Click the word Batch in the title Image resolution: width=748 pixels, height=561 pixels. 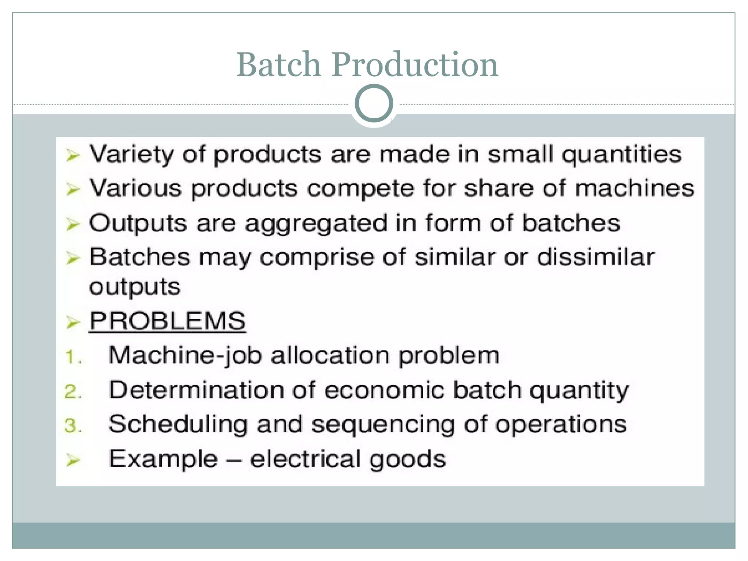279,65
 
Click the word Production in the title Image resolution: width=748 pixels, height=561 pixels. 415,65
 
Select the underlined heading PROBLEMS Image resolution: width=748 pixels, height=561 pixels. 168,321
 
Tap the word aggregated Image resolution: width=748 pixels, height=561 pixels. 316,224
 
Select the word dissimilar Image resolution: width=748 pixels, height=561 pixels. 596,257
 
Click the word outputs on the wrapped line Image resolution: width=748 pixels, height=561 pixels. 135,287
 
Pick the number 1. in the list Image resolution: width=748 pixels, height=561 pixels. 73,357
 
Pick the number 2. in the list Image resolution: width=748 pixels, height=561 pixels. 73,392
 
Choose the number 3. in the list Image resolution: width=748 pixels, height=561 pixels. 73,426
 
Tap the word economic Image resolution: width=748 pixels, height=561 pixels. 384,390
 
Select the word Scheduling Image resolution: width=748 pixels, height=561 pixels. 178,425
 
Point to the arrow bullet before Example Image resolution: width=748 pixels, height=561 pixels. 73,460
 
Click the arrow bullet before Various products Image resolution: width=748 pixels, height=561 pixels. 73,189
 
